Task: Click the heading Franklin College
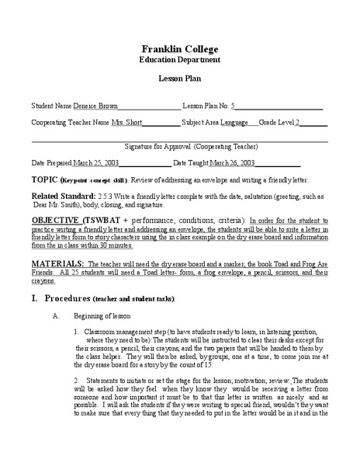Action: (180, 47)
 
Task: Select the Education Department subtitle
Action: (180, 59)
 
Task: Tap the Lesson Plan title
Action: (180, 80)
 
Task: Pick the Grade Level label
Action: (276, 123)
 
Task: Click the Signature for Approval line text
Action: (180, 146)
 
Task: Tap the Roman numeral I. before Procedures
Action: (34, 298)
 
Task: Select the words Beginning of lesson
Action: (103, 316)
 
